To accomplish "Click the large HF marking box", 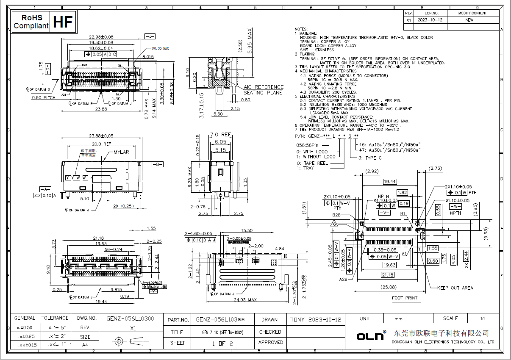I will tap(64, 22).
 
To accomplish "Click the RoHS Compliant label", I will tap(31, 22).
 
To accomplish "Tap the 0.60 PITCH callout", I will tap(44, 97).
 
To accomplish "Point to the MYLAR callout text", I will tap(121, 152).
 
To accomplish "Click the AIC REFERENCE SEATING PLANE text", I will tap(263, 90).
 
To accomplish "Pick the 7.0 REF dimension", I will tap(221, 135).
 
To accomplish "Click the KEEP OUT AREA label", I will tap(455, 288).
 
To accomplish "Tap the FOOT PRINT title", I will tap(405, 298).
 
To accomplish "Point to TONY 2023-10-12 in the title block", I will tap(316, 319).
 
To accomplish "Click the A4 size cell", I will tap(85, 345).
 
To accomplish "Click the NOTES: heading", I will tap(302, 29).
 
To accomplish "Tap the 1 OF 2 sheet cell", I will tap(222, 343).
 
